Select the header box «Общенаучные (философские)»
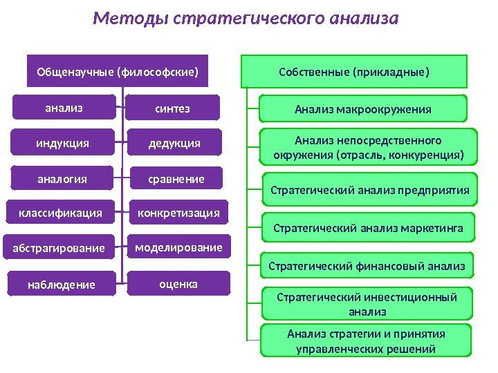(x=118, y=70)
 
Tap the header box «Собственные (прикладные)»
(x=353, y=70)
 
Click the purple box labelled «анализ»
(x=64, y=108)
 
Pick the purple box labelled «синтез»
(x=173, y=108)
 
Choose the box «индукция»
(x=63, y=144)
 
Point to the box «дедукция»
(x=175, y=144)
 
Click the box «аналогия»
(x=62, y=179)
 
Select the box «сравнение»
(x=177, y=179)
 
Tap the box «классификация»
(x=60, y=213)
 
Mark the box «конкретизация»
(x=178, y=213)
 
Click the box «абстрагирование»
(x=59, y=247)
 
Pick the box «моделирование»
(x=178, y=247)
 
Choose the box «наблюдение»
(x=62, y=284)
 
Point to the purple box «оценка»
(x=178, y=284)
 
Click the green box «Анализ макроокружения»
(x=363, y=108)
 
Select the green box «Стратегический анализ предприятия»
(x=369, y=190)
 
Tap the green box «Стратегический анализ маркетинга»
(x=369, y=226)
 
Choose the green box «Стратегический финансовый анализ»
(x=367, y=265)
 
